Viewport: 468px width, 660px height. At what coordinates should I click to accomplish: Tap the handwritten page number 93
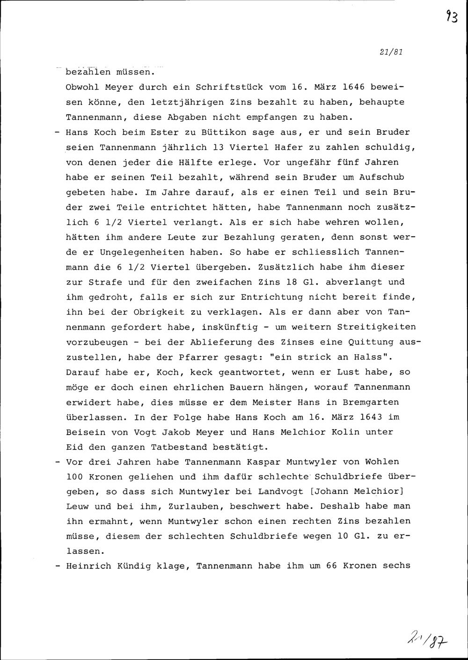(x=452, y=18)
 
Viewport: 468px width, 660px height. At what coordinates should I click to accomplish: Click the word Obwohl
(x=82, y=87)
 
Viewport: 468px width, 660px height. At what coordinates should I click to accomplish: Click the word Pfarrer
(x=197, y=358)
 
